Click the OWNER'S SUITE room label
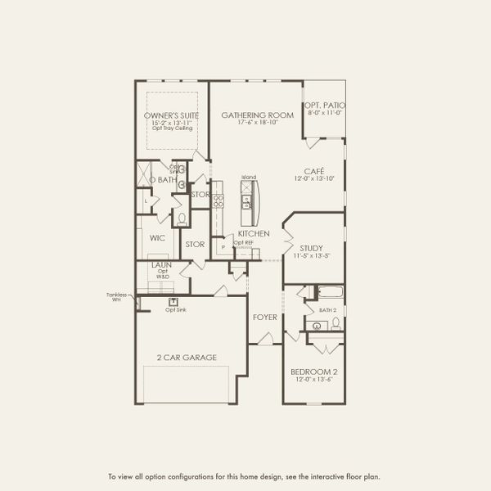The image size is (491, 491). click(170, 115)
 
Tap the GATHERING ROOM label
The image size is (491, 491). click(257, 115)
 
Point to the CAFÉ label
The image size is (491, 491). click(315, 171)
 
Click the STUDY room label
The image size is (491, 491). click(312, 248)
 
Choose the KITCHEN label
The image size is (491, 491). click(254, 234)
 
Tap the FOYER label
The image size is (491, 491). click(264, 317)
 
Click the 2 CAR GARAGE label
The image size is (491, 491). click(187, 357)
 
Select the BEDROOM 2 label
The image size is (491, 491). click(313, 372)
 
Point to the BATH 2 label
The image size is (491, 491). click(328, 310)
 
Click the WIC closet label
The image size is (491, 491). click(157, 238)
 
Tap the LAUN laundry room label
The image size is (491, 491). click(160, 266)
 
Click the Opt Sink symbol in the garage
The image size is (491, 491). click(173, 301)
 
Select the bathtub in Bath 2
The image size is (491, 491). click(330, 293)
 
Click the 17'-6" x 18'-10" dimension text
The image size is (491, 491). click(257, 123)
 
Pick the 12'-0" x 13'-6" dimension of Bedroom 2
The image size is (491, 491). click(313, 381)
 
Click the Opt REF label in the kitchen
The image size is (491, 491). click(242, 242)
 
